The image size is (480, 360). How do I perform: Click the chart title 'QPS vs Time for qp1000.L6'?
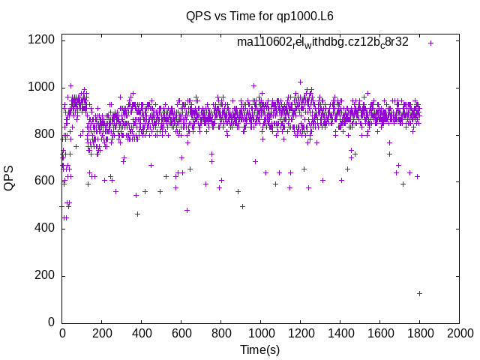pyautogui.click(x=259, y=15)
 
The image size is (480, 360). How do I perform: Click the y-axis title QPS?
pyautogui.click(x=10, y=178)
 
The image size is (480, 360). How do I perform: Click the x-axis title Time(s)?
pyautogui.click(x=259, y=349)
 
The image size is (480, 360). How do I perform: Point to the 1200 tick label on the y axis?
pyautogui.click(x=40, y=40)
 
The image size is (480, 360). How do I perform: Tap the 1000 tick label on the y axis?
pyautogui.click(x=40, y=88)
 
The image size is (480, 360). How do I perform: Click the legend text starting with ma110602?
pyautogui.click(x=322, y=43)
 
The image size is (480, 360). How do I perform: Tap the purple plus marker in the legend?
pyautogui.click(x=430, y=43)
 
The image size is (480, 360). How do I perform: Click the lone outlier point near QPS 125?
pyautogui.click(x=419, y=293)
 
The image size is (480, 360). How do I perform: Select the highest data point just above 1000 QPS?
pyautogui.click(x=300, y=82)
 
